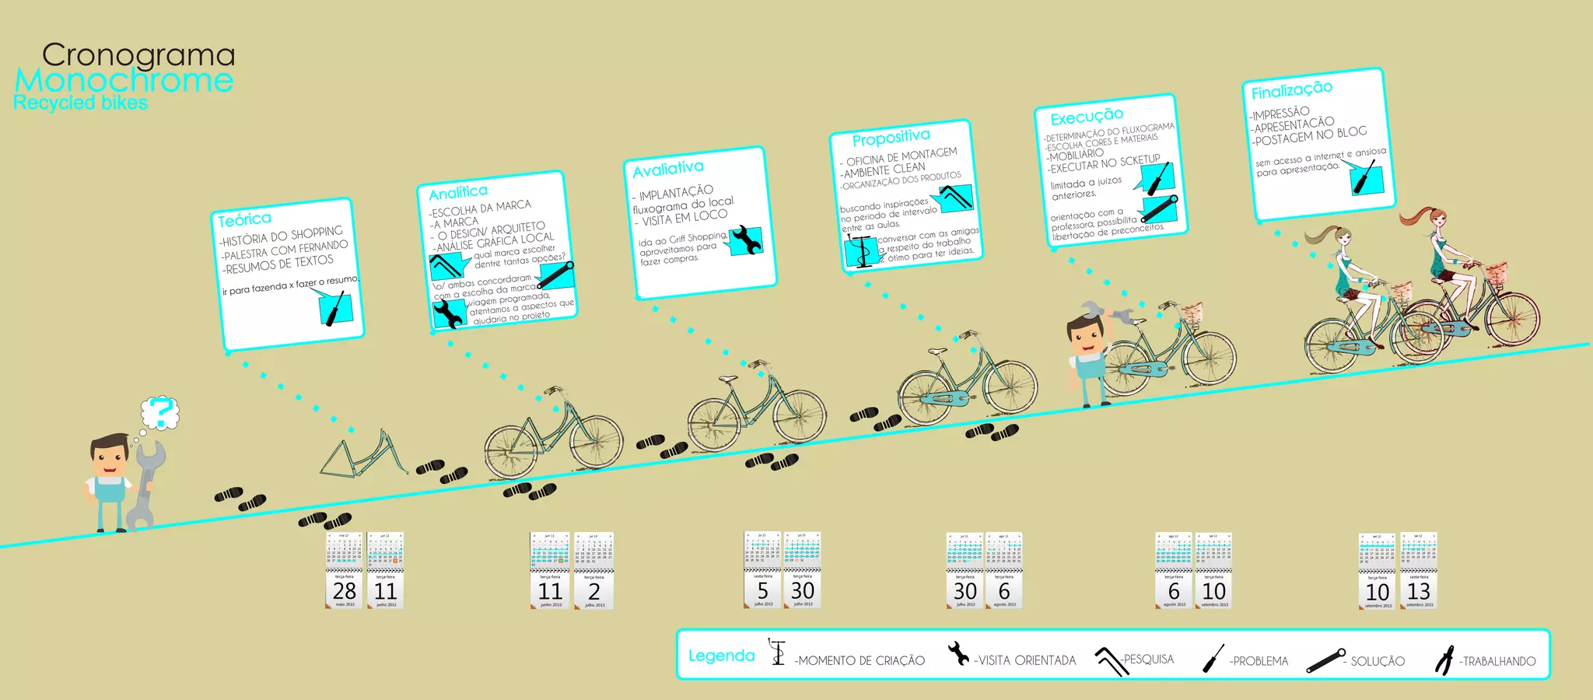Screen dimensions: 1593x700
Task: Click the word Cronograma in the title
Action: coord(138,55)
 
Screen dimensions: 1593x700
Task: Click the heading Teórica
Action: coord(244,219)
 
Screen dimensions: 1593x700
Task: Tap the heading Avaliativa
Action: coord(667,169)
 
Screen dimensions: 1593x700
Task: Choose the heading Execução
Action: coord(1087,117)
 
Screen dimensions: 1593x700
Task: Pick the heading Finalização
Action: coord(1291,90)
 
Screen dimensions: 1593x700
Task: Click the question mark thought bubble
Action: coord(160,412)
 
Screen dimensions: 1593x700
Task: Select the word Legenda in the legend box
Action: coord(721,656)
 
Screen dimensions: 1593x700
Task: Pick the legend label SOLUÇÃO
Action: coord(1377,661)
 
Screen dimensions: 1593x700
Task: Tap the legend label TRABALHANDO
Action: coord(1498,661)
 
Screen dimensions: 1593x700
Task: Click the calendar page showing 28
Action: coord(345,572)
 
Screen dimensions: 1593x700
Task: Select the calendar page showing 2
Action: coord(594,572)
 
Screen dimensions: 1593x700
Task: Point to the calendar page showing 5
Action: coord(762,570)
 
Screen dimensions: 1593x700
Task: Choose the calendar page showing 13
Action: coord(1419,572)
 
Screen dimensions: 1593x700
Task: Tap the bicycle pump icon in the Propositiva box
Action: coord(860,252)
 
